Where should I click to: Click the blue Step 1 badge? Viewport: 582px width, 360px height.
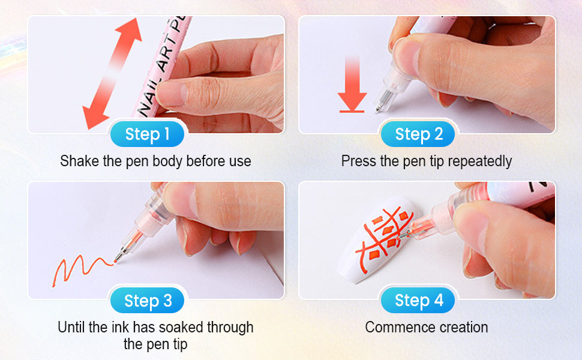(x=147, y=134)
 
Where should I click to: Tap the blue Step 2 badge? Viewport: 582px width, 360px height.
(x=418, y=134)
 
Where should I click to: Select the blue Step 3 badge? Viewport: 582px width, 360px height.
(x=147, y=300)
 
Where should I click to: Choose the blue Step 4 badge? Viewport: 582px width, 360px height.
(x=418, y=300)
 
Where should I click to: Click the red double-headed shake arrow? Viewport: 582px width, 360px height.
(x=112, y=73)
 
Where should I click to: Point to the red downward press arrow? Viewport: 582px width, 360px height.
(x=352, y=84)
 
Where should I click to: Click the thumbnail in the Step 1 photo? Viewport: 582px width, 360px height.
(x=172, y=94)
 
